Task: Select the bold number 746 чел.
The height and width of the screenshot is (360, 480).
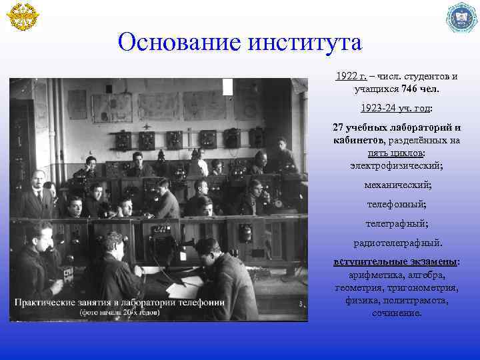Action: (x=418, y=88)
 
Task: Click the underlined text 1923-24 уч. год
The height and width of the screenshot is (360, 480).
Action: (x=395, y=107)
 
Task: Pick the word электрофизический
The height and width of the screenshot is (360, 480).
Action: (x=397, y=164)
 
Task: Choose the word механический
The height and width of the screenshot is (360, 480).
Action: (x=397, y=183)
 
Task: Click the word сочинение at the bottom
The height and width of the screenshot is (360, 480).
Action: (x=397, y=313)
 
